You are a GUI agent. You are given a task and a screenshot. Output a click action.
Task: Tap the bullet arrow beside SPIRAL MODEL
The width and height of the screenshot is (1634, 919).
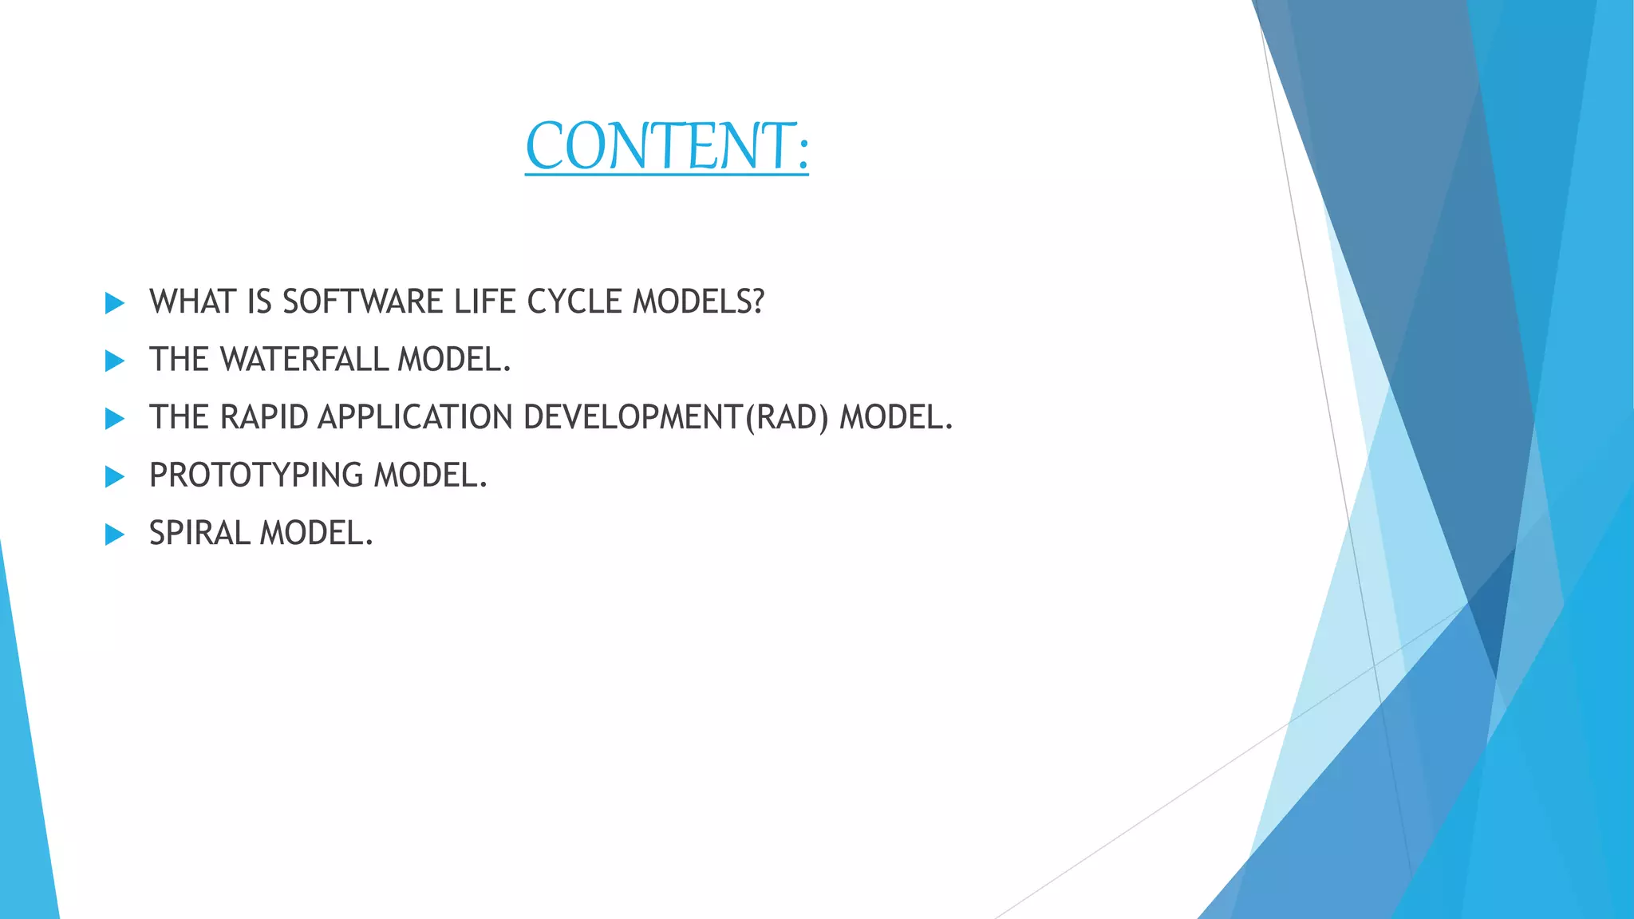pyautogui.click(x=115, y=534)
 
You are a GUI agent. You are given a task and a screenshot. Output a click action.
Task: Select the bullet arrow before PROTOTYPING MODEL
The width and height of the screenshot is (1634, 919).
pyautogui.click(x=115, y=477)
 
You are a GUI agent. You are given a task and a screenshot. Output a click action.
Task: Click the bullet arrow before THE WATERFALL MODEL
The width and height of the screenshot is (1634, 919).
pyautogui.click(x=115, y=361)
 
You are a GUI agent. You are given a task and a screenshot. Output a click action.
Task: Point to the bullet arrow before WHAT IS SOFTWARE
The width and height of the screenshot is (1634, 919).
pyautogui.click(x=115, y=303)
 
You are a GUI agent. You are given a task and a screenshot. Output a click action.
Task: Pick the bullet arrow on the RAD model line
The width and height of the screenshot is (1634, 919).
pyautogui.click(x=115, y=419)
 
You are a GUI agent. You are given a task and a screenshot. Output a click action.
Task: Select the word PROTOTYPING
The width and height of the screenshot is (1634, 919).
pyautogui.click(x=255, y=475)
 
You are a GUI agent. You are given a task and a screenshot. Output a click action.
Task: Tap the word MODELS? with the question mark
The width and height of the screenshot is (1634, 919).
pyautogui.click(x=698, y=302)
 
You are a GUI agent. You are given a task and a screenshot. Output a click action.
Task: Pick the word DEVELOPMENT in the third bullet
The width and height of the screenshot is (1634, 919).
pyautogui.click(x=632, y=417)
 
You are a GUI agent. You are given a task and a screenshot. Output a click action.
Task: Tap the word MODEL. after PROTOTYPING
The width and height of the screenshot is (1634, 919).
pyautogui.click(x=431, y=475)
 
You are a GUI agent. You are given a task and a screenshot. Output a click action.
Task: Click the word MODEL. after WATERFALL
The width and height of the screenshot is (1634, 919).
pyautogui.click(x=454, y=360)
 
